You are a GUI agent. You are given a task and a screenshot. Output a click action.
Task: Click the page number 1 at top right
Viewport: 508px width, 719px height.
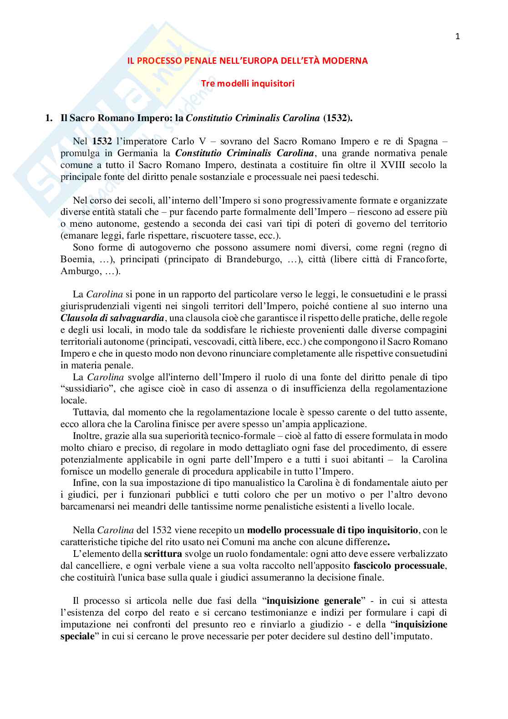[x=457, y=37]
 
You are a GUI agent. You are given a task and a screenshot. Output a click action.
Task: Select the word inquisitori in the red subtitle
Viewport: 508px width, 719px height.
[x=273, y=83]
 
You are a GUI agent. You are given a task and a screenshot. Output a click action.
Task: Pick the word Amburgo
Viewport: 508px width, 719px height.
[x=80, y=271]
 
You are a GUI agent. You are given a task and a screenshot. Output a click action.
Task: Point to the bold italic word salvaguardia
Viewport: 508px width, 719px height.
[x=137, y=318]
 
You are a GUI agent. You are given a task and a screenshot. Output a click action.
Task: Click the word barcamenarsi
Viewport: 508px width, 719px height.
[x=87, y=506]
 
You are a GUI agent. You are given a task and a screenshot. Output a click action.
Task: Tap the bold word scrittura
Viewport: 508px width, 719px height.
[x=163, y=554]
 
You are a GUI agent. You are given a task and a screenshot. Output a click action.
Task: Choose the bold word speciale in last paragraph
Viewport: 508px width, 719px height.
[x=77, y=636]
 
